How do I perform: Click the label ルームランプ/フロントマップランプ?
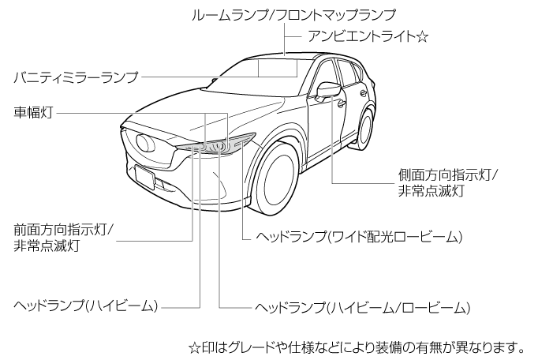coord(293,13)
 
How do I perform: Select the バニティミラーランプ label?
coord(76,77)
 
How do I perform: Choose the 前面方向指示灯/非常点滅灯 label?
coord(64,238)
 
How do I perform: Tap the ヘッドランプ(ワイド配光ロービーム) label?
coord(353,236)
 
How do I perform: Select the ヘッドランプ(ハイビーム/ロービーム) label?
coord(364,307)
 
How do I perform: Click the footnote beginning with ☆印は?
coord(357,347)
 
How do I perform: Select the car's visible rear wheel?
coord(364,131)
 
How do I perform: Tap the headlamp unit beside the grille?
coord(217,146)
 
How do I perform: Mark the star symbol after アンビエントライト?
coord(422,37)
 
